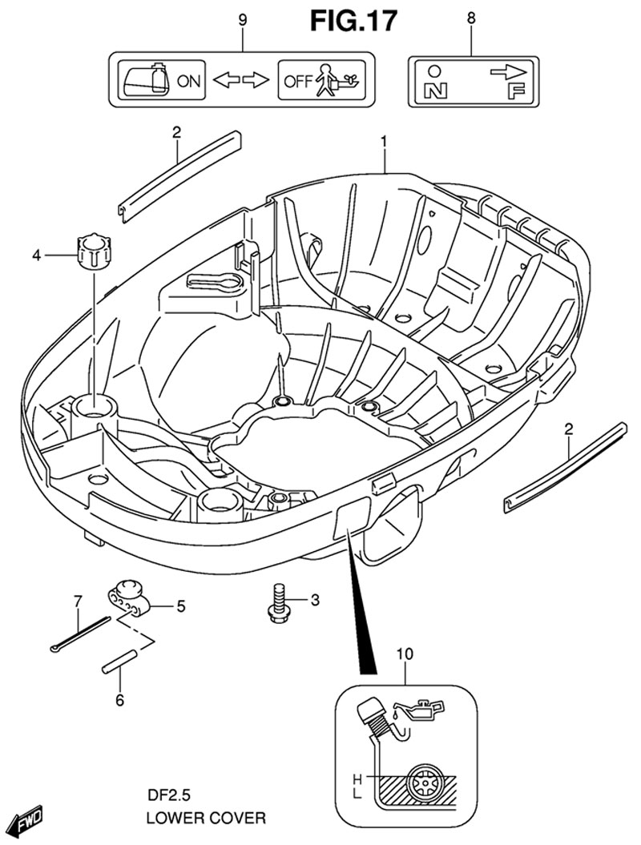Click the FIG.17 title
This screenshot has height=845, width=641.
pyautogui.click(x=353, y=22)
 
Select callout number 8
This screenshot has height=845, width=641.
pyautogui.click(x=470, y=17)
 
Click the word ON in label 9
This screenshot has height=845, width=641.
pyautogui.click(x=189, y=80)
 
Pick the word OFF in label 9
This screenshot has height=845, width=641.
pyautogui.click(x=296, y=80)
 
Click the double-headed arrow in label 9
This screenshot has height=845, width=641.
pyautogui.click(x=243, y=80)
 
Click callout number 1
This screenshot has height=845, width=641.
pyautogui.click(x=384, y=142)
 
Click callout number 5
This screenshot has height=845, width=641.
pyautogui.click(x=181, y=606)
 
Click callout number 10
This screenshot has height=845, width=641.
pyautogui.click(x=405, y=654)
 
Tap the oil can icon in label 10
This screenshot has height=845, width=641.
pyautogui.click(x=418, y=709)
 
